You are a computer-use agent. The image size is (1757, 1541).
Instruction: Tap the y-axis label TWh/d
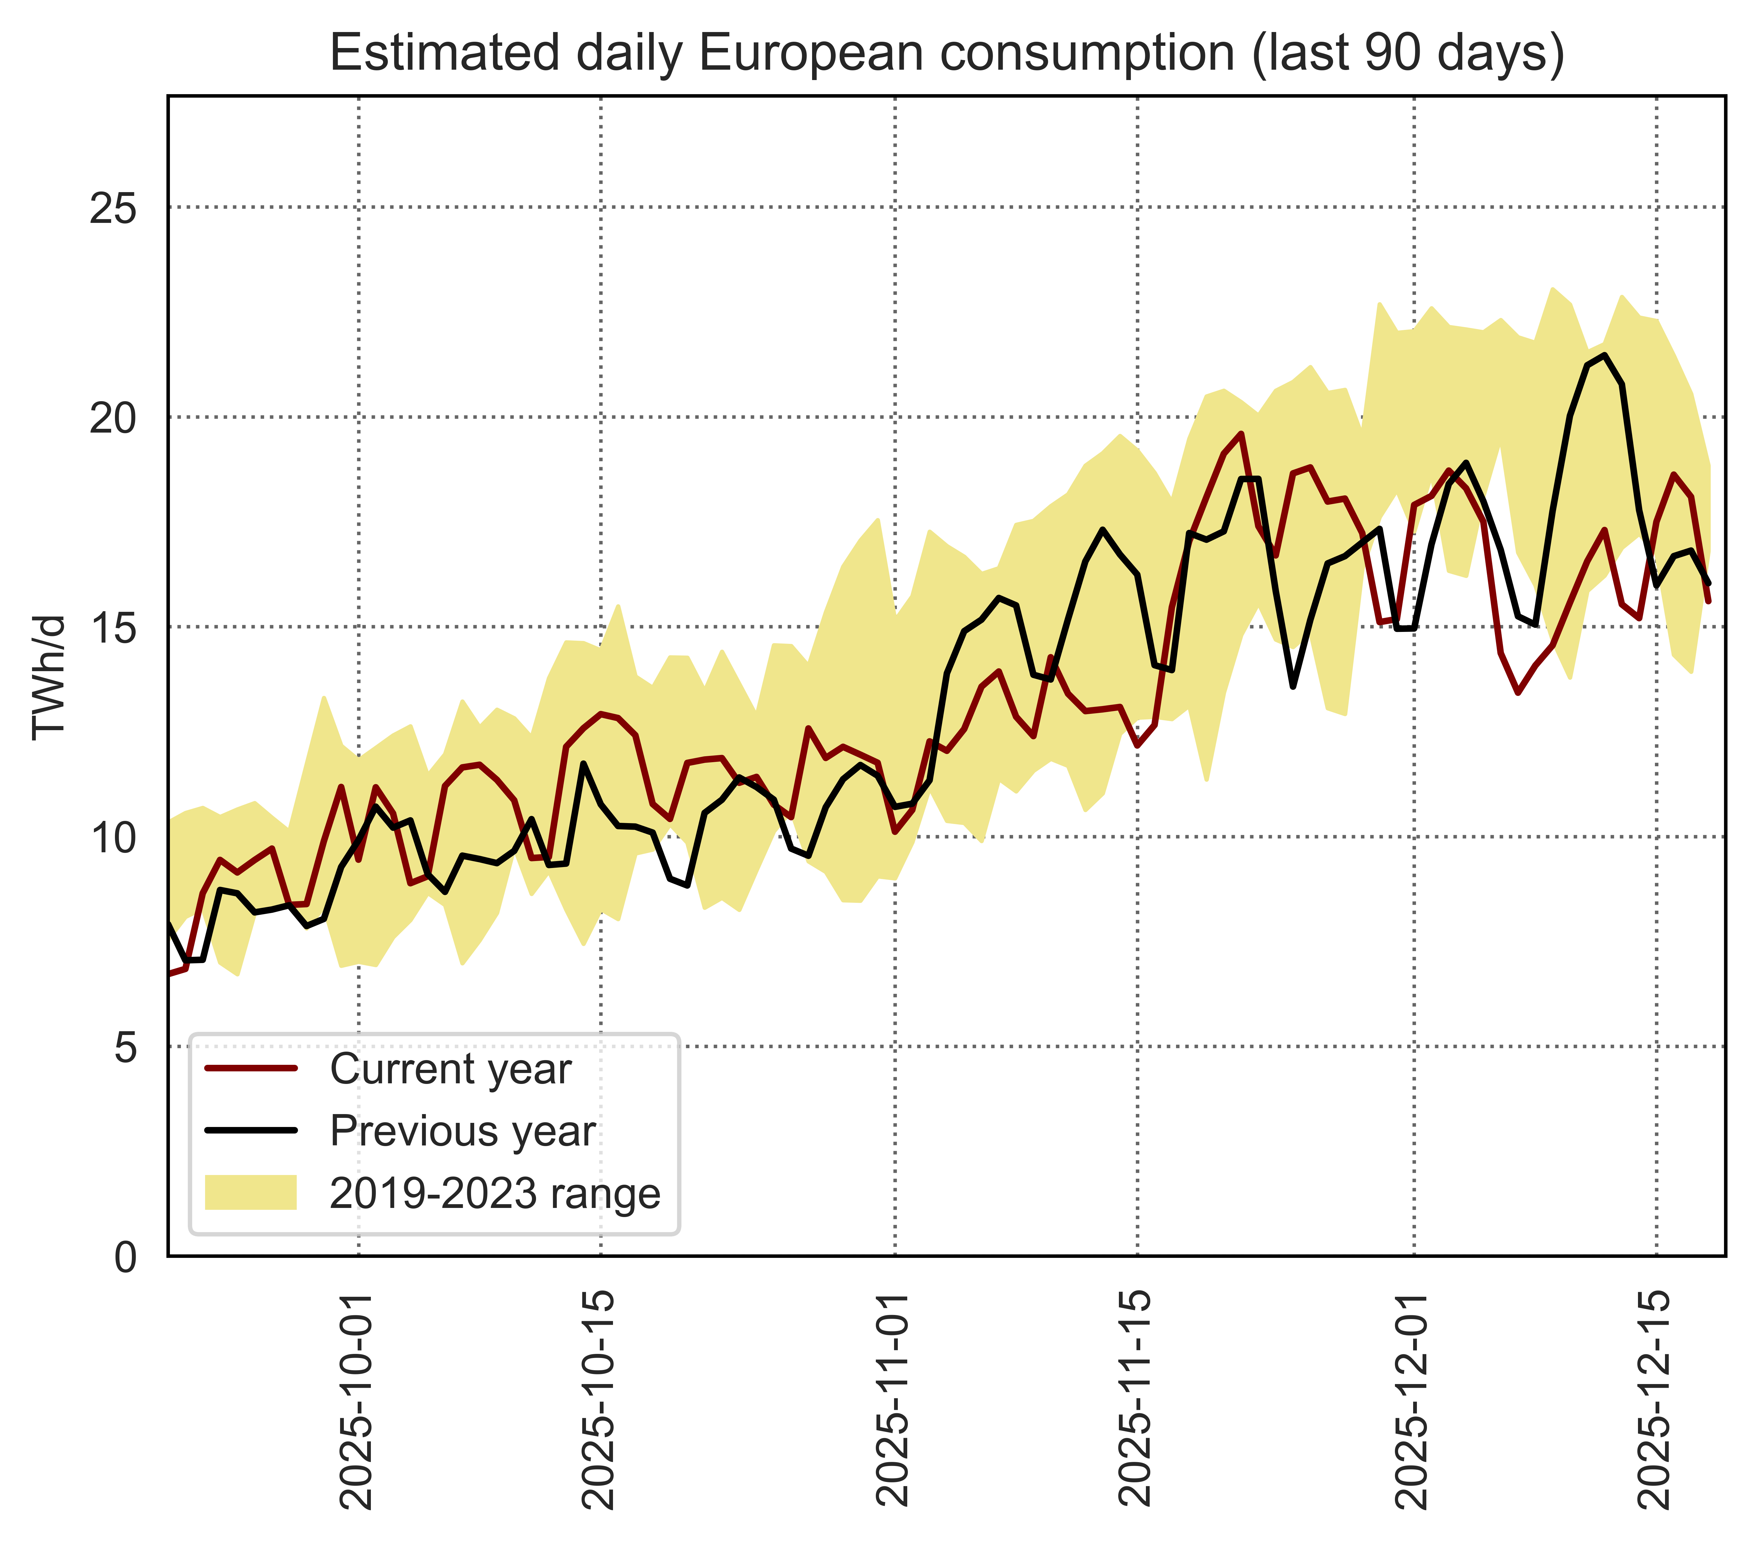click(49, 677)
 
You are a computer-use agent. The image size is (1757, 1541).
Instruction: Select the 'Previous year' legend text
click(463, 1131)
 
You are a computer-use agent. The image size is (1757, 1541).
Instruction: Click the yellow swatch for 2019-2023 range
click(251, 1193)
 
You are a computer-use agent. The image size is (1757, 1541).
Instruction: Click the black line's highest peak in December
click(1604, 355)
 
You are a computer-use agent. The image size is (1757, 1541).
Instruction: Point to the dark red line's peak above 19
click(1240, 434)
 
